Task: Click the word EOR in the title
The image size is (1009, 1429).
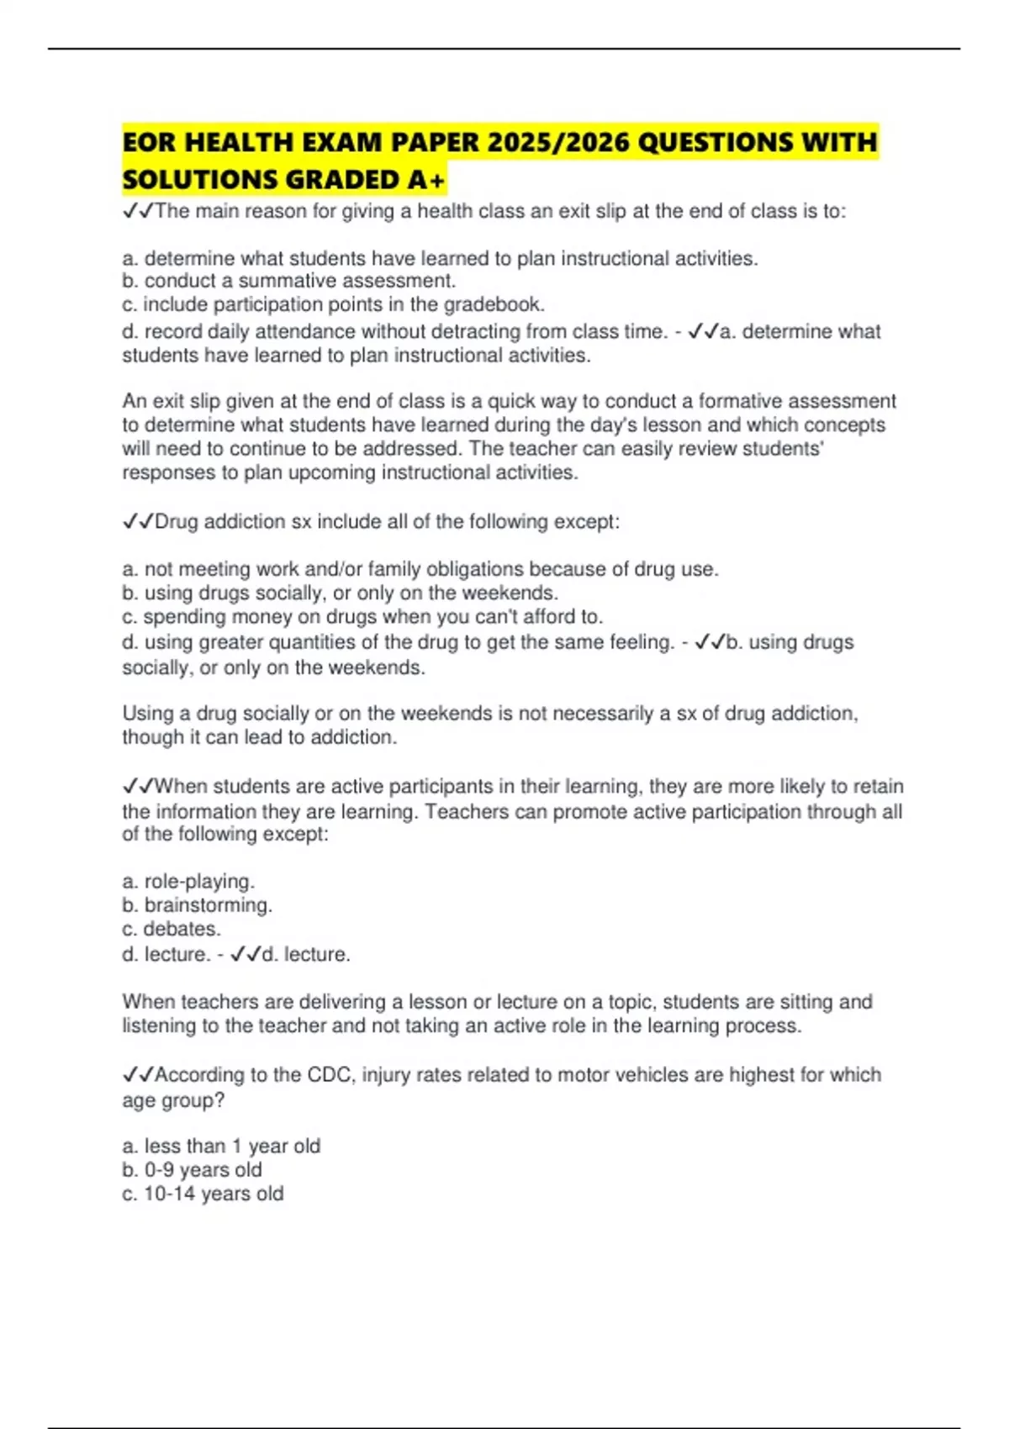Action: (x=150, y=142)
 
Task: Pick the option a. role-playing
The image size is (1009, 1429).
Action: (x=188, y=881)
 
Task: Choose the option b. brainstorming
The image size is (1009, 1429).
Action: (x=198, y=905)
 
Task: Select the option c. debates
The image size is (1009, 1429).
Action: (x=172, y=929)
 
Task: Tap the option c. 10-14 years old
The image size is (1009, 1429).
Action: (x=203, y=1194)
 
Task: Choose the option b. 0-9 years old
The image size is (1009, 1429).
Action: (x=192, y=1170)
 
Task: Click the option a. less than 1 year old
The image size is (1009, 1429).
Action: (x=221, y=1146)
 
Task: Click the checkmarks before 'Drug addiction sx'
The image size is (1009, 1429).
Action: (x=138, y=522)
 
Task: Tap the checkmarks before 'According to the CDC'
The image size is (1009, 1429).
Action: (x=138, y=1074)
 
